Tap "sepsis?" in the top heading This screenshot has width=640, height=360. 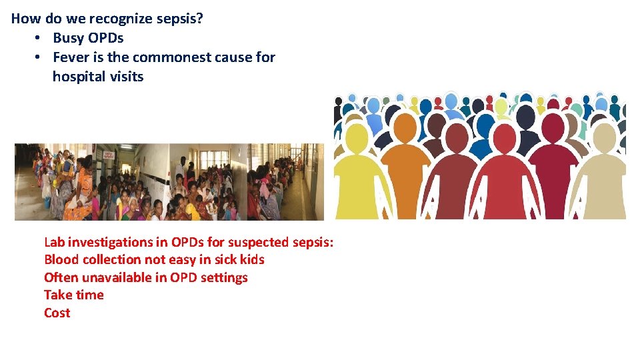point(181,19)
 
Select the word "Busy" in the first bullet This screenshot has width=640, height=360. point(69,38)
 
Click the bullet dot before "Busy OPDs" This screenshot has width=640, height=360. point(39,38)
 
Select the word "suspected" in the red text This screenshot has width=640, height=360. point(257,242)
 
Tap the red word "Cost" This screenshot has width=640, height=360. point(57,313)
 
